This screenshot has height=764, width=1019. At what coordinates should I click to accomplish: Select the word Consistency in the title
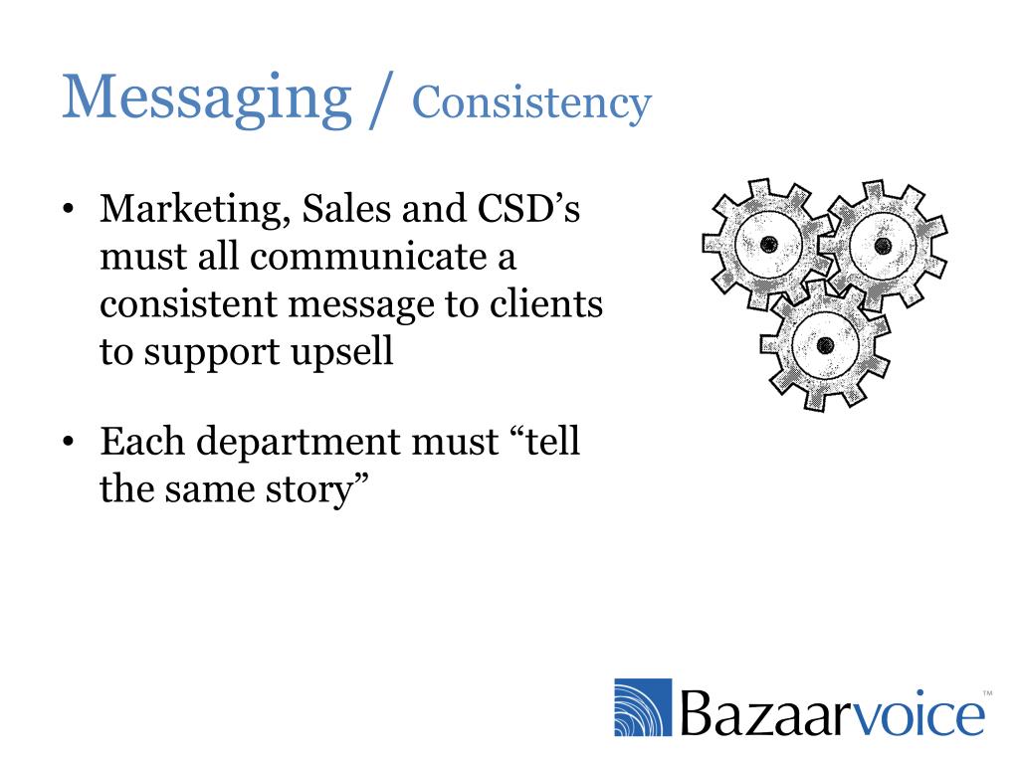531,102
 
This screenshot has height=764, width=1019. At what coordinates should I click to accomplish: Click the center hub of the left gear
767,244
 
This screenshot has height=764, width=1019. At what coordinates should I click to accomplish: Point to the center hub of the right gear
882,244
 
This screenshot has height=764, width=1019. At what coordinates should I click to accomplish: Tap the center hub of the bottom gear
824,345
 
